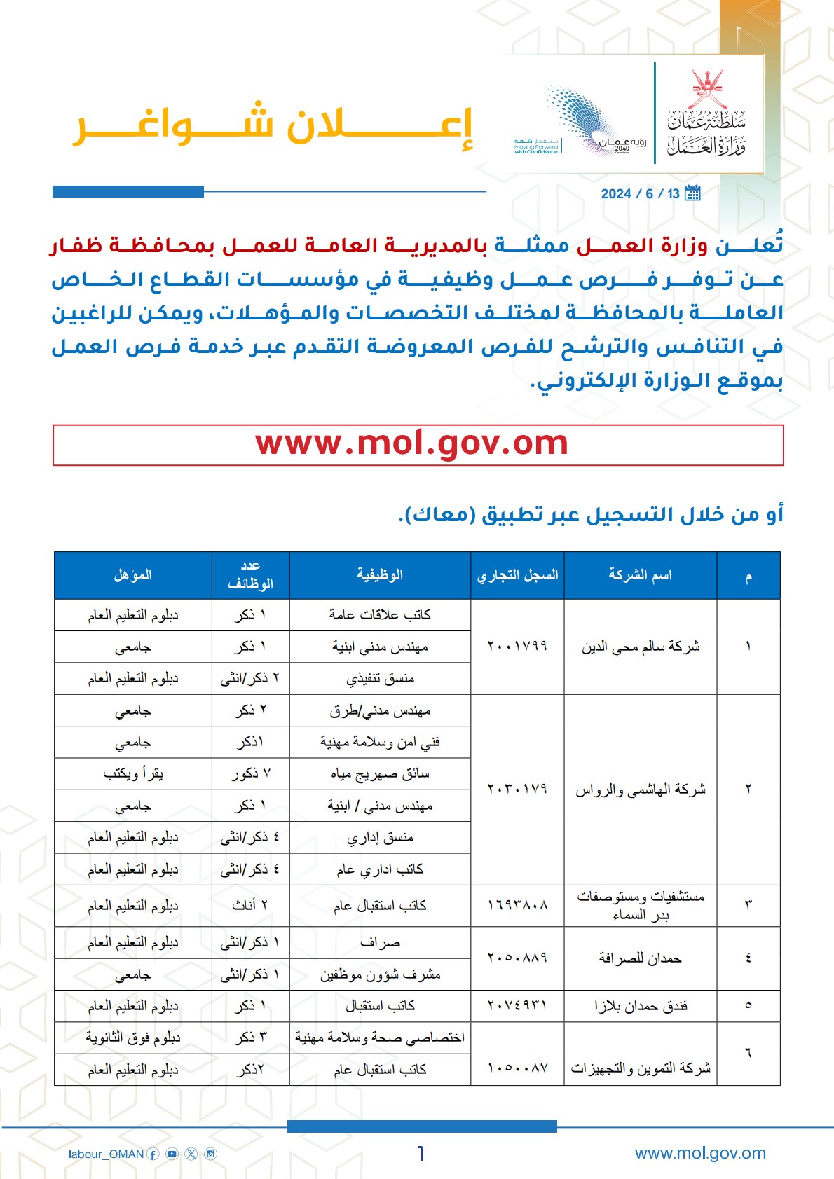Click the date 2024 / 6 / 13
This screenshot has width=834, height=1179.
(640, 194)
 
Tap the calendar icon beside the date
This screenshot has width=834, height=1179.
(692, 193)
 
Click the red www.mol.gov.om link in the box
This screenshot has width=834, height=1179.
(412, 444)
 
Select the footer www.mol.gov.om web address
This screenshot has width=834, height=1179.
(700, 1153)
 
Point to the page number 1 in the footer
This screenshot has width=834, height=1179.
(421, 1154)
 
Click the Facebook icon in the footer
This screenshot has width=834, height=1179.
(153, 1154)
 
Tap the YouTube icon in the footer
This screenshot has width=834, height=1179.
(172, 1154)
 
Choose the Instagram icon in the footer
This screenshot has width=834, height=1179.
(210, 1154)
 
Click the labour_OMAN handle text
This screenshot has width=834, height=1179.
(106, 1154)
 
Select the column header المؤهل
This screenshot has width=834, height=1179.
(133, 575)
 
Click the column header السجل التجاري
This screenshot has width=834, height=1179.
(517, 575)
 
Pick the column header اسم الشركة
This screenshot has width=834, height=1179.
(640, 575)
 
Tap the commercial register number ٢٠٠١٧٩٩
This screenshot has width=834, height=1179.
(517, 646)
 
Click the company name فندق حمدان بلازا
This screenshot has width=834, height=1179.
(641, 1006)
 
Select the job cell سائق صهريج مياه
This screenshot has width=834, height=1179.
(380, 774)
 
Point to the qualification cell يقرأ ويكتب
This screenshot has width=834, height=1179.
(133, 774)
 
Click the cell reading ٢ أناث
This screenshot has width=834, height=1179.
(250, 906)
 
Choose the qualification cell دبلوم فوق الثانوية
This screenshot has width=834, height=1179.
(133, 1037)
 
